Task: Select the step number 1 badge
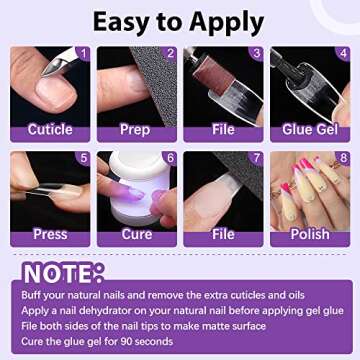click(83, 53)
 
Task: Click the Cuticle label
click(49, 129)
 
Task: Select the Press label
click(49, 234)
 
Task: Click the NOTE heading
click(62, 274)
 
